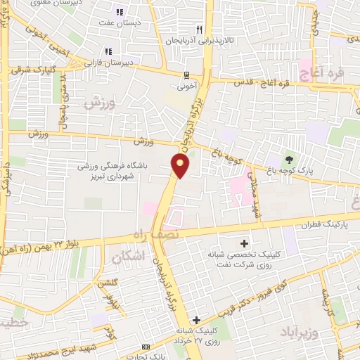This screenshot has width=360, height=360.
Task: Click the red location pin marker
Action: tap(181, 166)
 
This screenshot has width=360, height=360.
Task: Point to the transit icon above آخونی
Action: tap(186, 75)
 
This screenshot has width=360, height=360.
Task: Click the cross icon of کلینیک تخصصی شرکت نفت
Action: tap(244, 241)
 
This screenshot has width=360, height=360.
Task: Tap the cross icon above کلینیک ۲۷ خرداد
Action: tap(198, 320)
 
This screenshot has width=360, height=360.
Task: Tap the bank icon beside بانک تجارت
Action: tap(146, 347)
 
